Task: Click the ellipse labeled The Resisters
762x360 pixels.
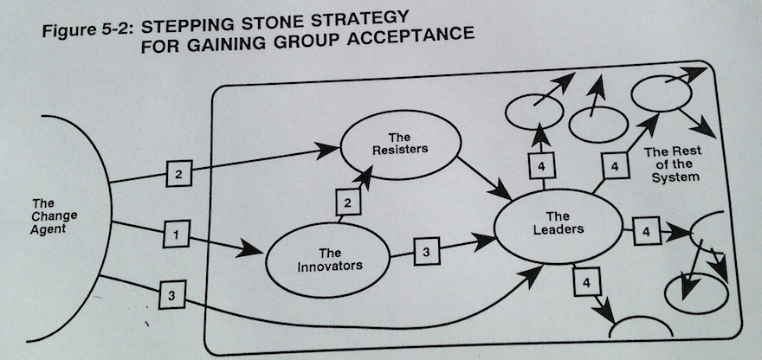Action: coord(400,112)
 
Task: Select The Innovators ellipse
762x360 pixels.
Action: coord(328,225)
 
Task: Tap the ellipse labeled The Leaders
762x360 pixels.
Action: coord(558,190)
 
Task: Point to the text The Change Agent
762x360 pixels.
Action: coord(48,215)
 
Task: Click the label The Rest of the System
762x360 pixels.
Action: coord(674,164)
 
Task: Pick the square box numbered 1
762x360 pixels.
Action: coord(176,235)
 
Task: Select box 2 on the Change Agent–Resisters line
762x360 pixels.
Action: coord(178,173)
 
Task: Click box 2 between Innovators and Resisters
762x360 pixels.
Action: coord(348,202)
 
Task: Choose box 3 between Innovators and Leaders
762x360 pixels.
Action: coord(427,251)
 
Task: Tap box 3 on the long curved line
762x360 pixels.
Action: coord(171,294)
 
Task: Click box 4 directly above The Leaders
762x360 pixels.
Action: coord(542,165)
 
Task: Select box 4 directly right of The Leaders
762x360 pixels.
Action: coord(646,231)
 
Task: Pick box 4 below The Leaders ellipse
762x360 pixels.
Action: coord(587,282)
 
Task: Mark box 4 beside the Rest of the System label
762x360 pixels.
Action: coord(616,166)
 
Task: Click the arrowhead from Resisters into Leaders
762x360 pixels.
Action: coord(501,190)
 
